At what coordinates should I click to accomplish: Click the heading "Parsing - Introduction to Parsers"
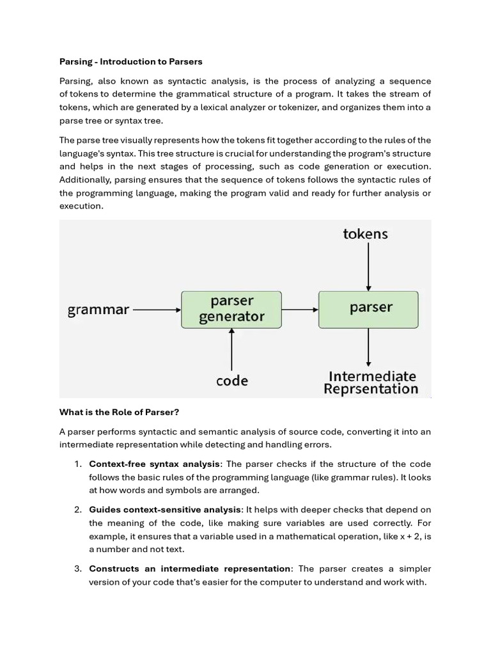pos(130,62)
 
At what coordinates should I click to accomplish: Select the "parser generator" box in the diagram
pos(231,309)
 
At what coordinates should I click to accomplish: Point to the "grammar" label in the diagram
pos(98,310)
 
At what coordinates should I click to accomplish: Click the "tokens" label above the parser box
pos(365,234)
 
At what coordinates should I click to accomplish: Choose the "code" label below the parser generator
pos(231,381)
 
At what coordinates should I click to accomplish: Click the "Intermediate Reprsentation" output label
pos(371,383)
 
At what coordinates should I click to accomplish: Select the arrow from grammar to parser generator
pos(157,310)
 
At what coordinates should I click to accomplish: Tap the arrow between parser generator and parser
pos(300,310)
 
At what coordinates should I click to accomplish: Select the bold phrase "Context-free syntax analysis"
pos(155,464)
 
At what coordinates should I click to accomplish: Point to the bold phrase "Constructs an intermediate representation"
pos(189,569)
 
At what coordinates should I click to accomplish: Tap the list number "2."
pos(77,510)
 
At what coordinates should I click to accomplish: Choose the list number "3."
pos(77,569)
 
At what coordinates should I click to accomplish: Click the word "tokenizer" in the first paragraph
pos(290,107)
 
